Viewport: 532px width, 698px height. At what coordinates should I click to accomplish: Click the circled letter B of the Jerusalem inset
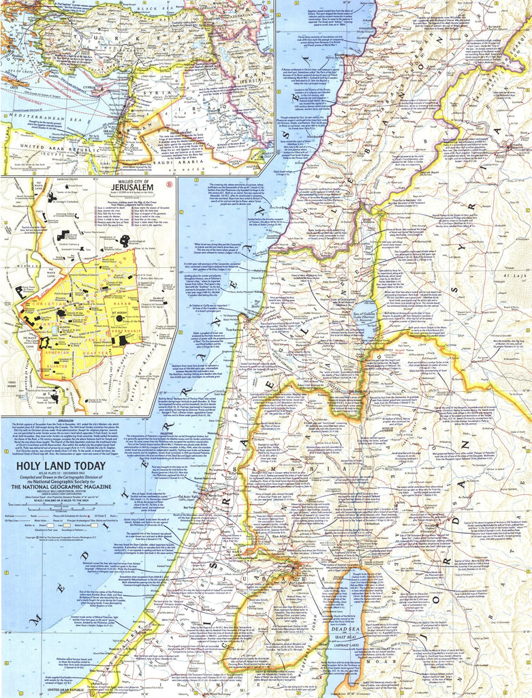(169, 184)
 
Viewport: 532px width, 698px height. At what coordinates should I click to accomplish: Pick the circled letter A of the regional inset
(264, 7)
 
